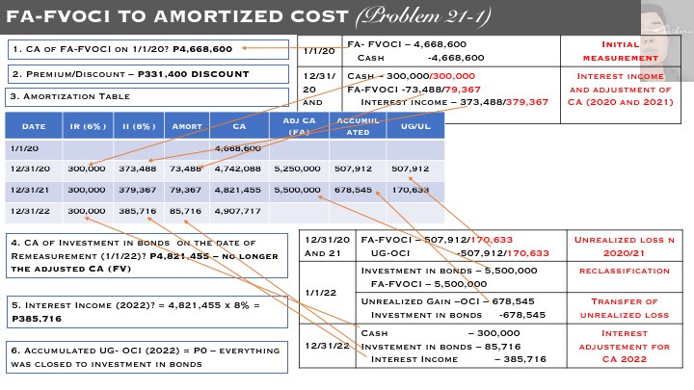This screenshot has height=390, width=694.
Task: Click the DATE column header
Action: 34,126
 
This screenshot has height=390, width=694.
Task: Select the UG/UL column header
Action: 414,126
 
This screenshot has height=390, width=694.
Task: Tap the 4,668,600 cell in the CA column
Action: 237,148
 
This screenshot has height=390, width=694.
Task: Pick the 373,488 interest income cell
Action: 136,169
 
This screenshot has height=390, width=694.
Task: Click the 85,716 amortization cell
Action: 185,210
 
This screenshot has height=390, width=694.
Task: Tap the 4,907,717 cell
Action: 237,210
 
